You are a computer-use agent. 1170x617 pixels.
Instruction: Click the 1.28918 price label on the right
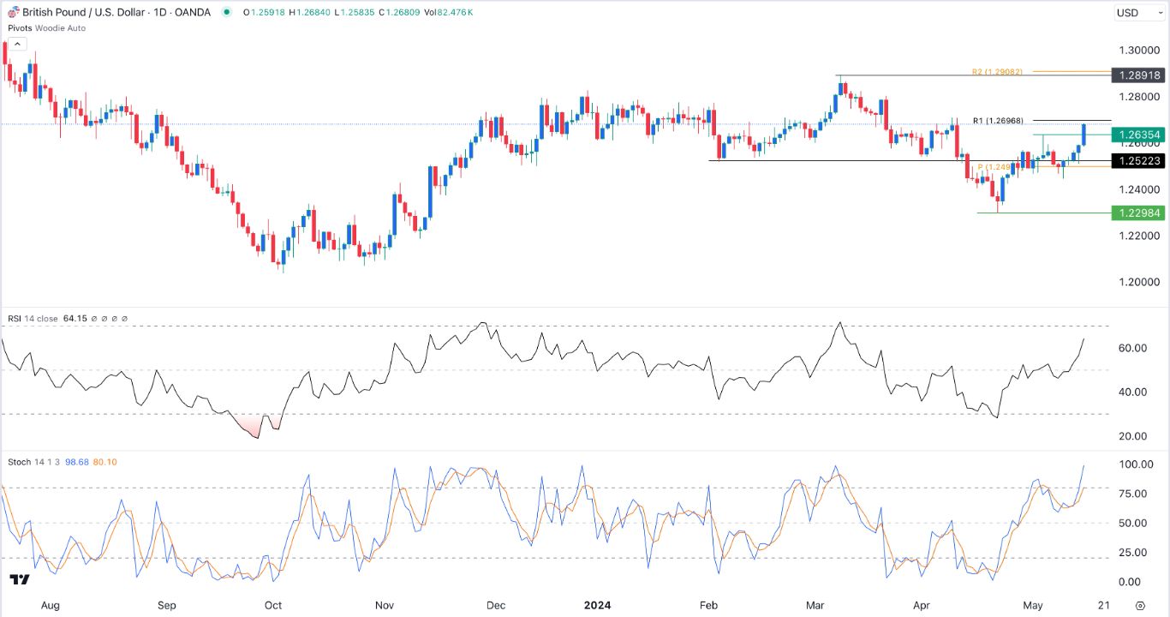(1137, 75)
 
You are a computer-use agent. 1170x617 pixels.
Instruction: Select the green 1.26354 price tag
(1137, 135)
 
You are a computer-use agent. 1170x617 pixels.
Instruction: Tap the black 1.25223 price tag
(1137, 160)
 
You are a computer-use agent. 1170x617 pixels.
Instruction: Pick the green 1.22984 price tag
(1137, 213)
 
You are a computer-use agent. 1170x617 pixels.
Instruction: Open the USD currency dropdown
(1137, 13)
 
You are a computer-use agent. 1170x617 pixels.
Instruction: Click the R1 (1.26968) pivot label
(998, 121)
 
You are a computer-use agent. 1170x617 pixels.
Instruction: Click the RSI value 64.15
(75, 319)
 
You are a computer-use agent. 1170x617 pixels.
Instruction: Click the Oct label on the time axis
(273, 605)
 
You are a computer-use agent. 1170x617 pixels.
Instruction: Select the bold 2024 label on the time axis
(597, 605)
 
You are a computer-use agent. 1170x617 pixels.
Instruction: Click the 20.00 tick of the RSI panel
(1132, 436)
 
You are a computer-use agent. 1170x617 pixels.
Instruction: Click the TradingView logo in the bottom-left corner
(20, 580)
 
